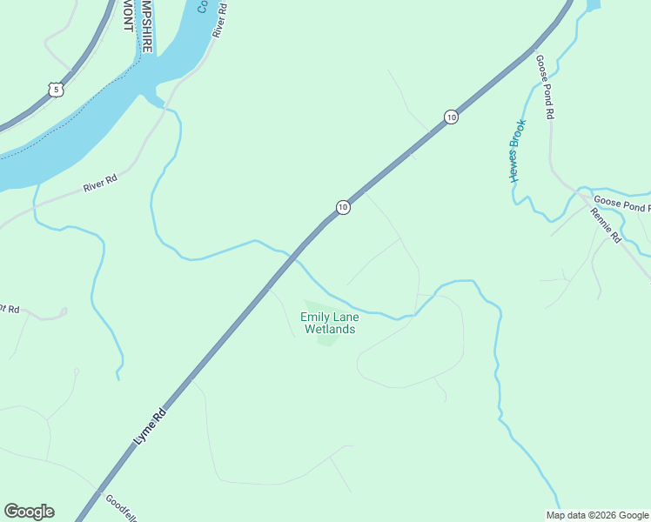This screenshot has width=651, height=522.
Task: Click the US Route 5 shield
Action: tap(56, 90)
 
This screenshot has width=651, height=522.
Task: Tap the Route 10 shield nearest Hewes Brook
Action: tap(450, 117)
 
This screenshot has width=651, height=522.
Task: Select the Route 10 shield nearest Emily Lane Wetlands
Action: tap(343, 207)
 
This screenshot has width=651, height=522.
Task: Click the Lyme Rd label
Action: tap(150, 428)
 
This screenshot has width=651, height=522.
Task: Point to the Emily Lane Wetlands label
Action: tap(329, 323)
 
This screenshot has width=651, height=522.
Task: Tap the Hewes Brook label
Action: tap(518, 151)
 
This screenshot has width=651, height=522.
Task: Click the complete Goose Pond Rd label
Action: tap(546, 88)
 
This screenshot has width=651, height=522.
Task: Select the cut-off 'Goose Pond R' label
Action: tap(621, 206)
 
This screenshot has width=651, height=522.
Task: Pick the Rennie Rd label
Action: tap(605, 224)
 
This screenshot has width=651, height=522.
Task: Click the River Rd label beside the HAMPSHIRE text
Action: tap(219, 19)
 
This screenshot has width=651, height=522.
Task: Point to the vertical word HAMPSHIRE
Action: tap(147, 26)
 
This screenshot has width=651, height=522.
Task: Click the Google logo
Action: tap(29, 512)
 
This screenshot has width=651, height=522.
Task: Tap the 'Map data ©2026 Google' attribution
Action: tap(597, 515)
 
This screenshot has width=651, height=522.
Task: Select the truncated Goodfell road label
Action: tap(121, 507)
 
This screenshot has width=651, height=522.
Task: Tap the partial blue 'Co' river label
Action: tap(202, 6)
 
